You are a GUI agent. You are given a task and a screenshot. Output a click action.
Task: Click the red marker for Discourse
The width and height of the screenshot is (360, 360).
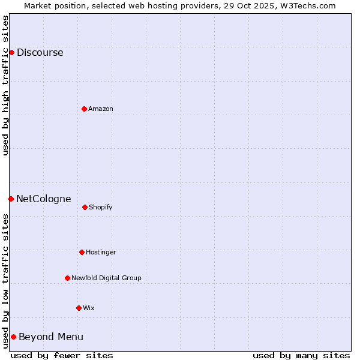11,52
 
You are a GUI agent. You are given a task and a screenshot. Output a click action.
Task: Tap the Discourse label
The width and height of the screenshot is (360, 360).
40,52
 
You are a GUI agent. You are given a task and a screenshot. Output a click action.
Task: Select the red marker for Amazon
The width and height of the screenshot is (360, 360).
84,109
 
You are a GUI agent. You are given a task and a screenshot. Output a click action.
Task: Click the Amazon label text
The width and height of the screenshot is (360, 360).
100,109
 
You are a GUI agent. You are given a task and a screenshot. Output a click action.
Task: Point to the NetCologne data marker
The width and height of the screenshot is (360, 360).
11,199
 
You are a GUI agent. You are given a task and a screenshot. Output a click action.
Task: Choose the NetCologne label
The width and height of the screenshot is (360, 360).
43,199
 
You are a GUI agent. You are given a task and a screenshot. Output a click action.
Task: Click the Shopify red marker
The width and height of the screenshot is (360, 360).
85,207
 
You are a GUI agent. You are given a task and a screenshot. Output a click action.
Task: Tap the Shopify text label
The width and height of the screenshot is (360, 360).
100,207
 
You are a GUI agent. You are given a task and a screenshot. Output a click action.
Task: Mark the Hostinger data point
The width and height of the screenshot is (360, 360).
82,252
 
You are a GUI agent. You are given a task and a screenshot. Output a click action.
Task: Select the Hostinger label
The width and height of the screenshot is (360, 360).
101,252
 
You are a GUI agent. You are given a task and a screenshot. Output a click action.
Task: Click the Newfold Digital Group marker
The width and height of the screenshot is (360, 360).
67,278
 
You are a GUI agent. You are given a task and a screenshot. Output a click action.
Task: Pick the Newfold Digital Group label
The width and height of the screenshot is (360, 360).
106,278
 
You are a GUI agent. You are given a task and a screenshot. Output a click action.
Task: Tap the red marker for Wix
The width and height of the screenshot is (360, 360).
79,308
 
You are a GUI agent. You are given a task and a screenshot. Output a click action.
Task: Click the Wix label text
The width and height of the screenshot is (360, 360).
89,308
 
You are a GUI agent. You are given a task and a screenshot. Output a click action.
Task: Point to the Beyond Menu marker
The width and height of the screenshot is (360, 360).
13,337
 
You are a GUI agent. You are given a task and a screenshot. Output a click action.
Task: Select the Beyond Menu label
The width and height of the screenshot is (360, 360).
50,337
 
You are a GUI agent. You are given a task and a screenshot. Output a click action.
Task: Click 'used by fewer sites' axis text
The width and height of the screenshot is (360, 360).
62,355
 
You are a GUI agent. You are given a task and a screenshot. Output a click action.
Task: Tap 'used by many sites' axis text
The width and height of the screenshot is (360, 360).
301,355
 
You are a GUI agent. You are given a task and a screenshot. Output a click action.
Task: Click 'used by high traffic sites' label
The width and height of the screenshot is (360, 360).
5,85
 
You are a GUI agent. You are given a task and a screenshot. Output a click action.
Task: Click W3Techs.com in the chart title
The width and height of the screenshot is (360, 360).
305,5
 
